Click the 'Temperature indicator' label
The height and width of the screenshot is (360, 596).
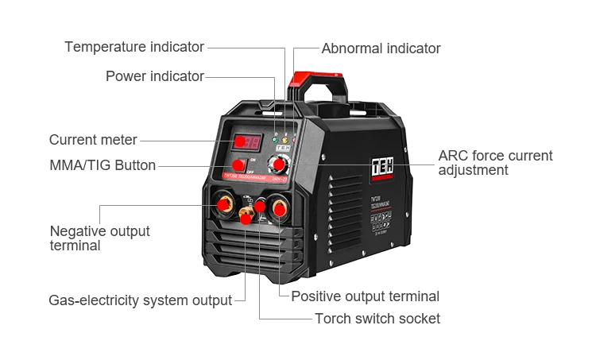click(134, 47)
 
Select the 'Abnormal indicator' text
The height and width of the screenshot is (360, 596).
click(381, 48)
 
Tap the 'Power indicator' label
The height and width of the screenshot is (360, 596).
click(155, 76)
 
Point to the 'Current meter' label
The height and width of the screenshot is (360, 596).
click(93, 140)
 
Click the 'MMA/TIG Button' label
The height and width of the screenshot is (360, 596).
click(103, 165)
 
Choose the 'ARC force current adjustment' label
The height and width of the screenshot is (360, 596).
click(495, 163)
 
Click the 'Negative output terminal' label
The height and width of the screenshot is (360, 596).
click(99, 238)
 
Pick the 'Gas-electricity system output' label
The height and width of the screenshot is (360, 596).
click(141, 300)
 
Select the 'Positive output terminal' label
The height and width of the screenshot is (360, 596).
click(365, 296)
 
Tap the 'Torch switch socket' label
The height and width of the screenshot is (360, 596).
click(377, 319)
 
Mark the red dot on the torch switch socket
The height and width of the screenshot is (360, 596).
click(260, 207)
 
